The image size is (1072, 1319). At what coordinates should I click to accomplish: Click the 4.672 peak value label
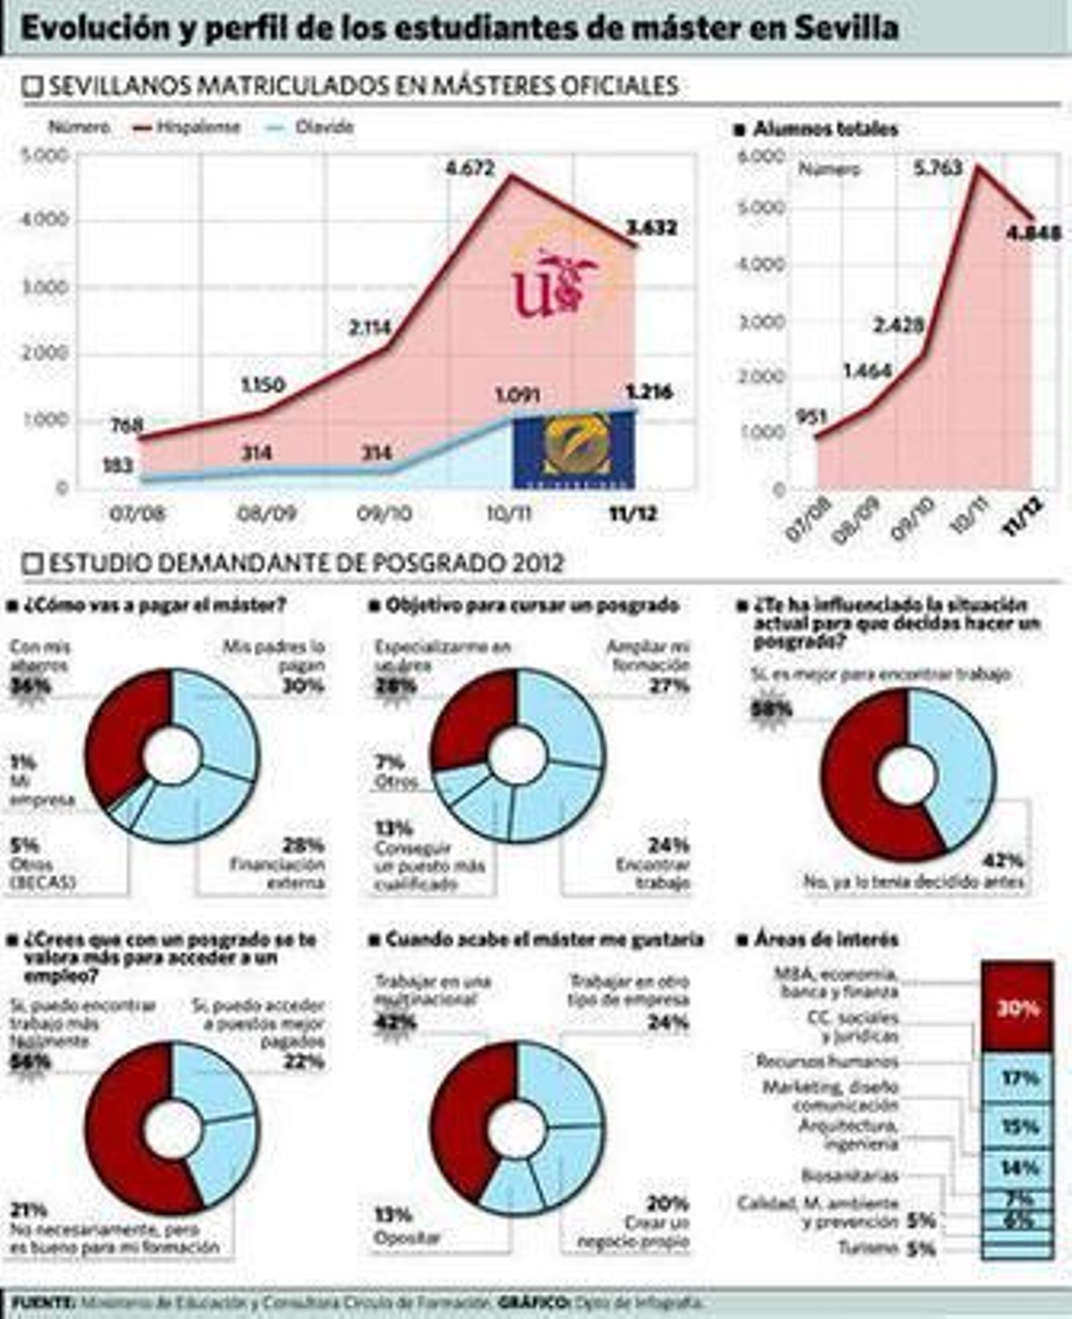click(470, 168)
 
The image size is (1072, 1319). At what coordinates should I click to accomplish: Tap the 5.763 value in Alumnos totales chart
click(938, 167)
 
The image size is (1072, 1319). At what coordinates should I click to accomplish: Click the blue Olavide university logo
click(574, 450)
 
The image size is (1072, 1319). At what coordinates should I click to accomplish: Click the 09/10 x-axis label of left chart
click(384, 513)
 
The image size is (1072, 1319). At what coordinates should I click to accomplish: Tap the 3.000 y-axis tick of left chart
click(45, 287)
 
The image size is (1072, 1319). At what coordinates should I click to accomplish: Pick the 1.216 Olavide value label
click(649, 391)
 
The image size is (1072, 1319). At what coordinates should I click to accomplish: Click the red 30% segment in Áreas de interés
click(1017, 1007)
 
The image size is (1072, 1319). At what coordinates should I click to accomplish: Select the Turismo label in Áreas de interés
click(867, 1248)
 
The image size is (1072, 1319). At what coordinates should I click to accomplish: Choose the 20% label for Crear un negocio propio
click(667, 1204)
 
